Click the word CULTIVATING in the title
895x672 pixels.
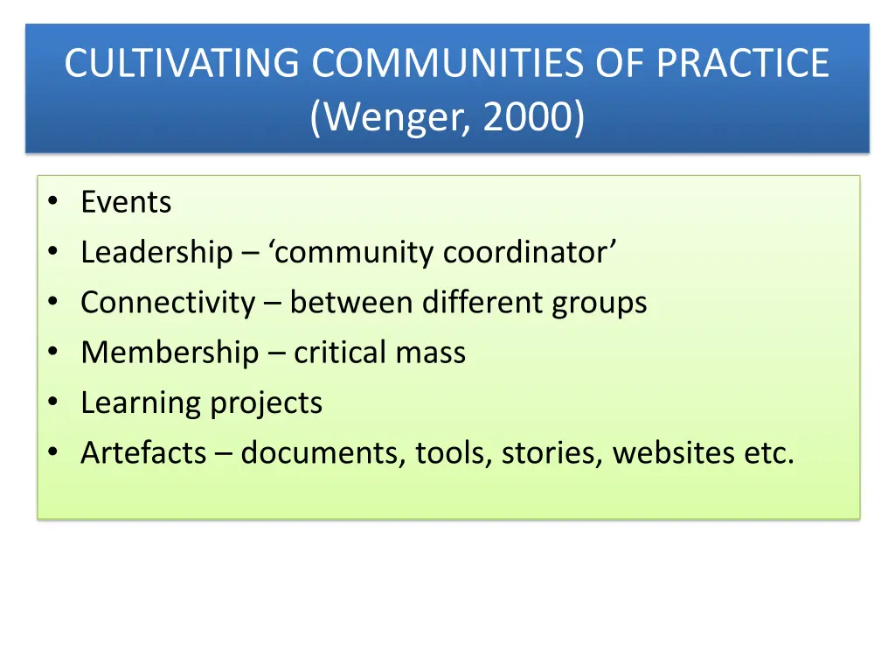point(183,63)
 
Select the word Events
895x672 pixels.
point(126,202)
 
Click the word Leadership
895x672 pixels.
point(156,253)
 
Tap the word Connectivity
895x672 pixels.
point(168,303)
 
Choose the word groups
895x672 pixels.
point(599,303)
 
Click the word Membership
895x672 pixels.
point(170,353)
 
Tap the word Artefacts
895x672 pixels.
point(143,453)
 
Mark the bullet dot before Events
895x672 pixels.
point(54,202)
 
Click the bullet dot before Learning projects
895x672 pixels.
point(54,403)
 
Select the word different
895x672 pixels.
point(482,303)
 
